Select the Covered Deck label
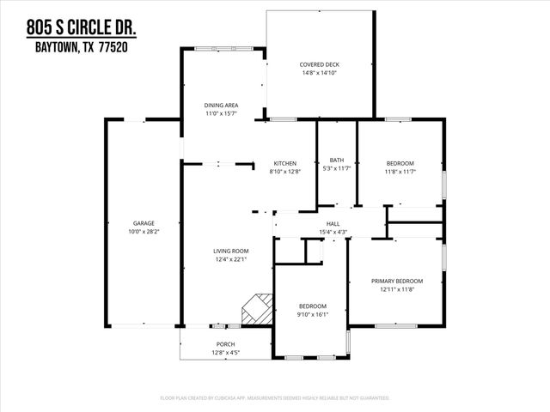click(319, 64)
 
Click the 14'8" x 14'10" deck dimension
click(319, 73)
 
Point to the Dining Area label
click(221, 106)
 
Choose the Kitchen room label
click(284, 163)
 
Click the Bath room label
click(337, 160)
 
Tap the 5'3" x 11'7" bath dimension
click(337, 168)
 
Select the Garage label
click(144, 223)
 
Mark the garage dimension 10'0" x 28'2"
click(144, 232)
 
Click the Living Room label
click(231, 251)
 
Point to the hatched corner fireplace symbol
click(256, 309)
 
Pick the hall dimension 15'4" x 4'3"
click(333, 231)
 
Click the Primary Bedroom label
click(397, 281)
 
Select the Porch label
click(226, 344)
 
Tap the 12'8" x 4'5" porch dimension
click(226, 353)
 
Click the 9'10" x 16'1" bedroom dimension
click(312, 314)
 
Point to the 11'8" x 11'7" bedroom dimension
click(400, 172)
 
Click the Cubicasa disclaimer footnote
click(275, 398)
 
